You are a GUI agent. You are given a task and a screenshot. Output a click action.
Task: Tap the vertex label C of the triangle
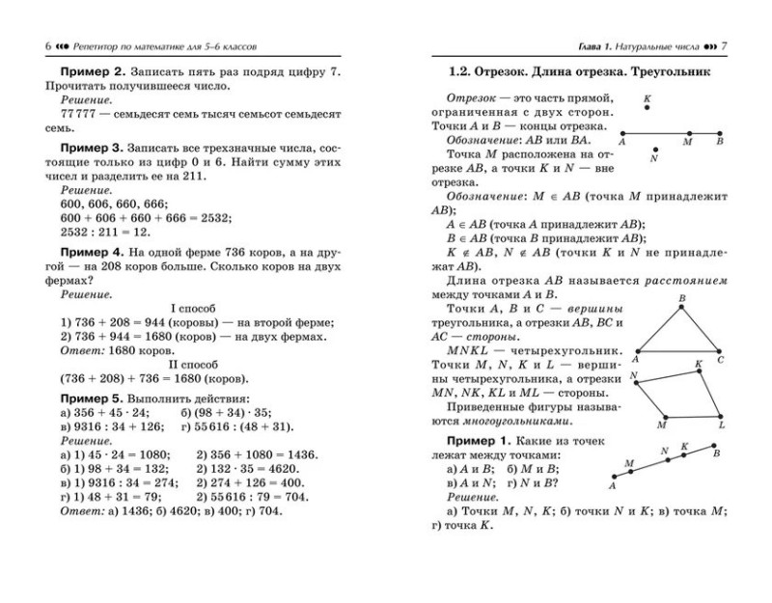720,359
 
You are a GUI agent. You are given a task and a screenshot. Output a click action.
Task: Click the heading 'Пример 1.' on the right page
478,440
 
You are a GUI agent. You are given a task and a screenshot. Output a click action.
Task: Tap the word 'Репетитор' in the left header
105,44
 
